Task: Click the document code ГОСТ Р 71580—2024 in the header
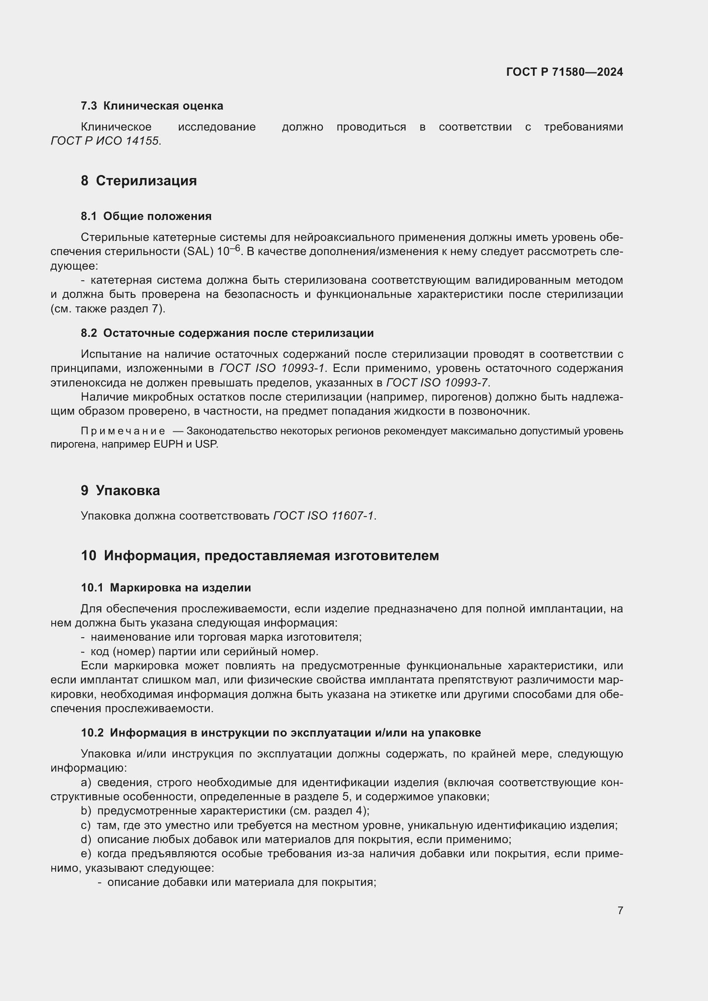click(x=564, y=72)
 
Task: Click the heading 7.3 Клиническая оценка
click(x=152, y=106)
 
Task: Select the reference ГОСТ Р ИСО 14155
click(x=105, y=141)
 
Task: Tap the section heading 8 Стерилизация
click(x=139, y=180)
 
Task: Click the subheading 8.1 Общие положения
click(x=146, y=216)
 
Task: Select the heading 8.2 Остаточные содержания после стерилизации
click(x=227, y=333)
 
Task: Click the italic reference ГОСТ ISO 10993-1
click(x=272, y=368)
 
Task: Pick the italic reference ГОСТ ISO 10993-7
click(x=437, y=382)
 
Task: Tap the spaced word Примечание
click(x=123, y=431)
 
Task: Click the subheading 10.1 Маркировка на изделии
click(x=166, y=587)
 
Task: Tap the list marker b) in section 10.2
click(x=86, y=811)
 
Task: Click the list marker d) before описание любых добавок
click(x=86, y=839)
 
